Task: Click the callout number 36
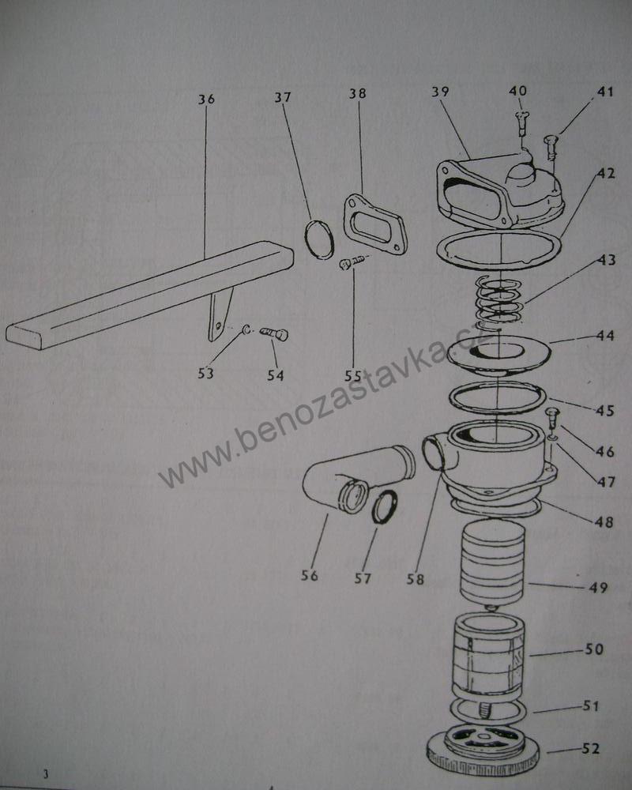[206, 100]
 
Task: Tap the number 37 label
[283, 98]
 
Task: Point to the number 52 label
[590, 749]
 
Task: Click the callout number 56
[309, 576]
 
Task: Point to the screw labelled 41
[551, 144]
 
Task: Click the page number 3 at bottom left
[47, 773]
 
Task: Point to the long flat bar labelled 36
[142, 297]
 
